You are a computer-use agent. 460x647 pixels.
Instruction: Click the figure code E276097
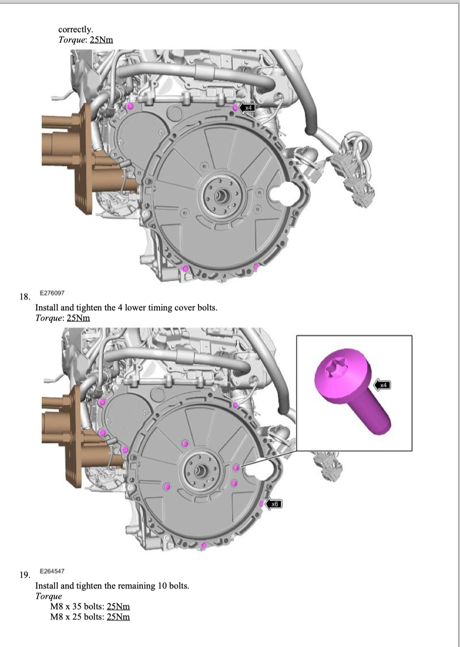(x=52, y=293)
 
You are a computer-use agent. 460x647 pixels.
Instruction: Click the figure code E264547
(x=52, y=571)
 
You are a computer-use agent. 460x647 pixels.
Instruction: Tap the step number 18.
(x=25, y=296)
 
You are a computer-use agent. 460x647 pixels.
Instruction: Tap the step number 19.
(x=25, y=575)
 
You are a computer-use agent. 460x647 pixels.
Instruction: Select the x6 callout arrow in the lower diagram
(x=273, y=504)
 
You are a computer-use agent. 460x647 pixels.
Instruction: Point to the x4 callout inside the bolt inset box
(x=382, y=385)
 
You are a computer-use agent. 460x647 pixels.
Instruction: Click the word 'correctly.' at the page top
(x=76, y=30)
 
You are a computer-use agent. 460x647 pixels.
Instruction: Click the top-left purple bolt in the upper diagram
(x=130, y=106)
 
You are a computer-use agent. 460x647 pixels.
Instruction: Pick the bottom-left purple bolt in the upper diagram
(x=185, y=269)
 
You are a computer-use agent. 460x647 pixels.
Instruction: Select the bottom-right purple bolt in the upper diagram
(x=256, y=266)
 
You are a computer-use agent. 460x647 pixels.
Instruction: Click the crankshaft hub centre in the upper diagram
(x=222, y=196)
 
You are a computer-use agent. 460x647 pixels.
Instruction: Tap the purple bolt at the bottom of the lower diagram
(x=204, y=545)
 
